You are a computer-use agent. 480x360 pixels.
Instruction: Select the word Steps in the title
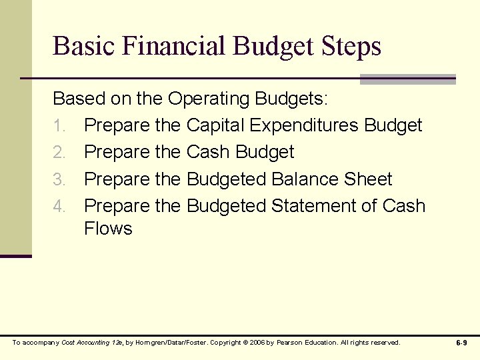pos(351,46)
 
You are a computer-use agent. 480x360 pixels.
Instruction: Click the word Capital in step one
pos(217,125)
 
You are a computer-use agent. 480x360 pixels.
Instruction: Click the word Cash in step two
pos(207,152)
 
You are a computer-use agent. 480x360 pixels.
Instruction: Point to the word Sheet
pos(368,179)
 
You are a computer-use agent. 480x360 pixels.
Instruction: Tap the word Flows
pos(108,229)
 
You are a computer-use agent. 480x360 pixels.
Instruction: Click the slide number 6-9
pos(461,343)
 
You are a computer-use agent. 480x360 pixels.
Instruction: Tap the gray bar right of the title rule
pos(407,79)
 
